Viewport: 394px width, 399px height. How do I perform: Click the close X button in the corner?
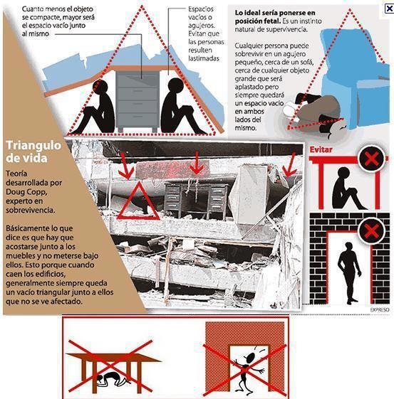(x=390, y=9)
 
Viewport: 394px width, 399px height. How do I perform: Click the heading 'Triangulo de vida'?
(x=33, y=151)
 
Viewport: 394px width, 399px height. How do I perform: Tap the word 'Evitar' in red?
(x=321, y=149)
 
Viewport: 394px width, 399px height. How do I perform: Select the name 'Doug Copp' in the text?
(x=26, y=192)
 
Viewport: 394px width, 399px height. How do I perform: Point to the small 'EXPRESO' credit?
(x=380, y=309)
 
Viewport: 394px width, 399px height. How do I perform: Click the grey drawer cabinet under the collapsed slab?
(x=138, y=101)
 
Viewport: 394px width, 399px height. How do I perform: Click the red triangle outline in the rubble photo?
(x=138, y=201)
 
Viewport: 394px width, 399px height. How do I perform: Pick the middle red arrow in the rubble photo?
(x=196, y=164)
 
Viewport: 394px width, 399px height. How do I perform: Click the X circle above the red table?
(x=371, y=159)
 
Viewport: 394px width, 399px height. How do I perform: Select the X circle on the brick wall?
(x=370, y=231)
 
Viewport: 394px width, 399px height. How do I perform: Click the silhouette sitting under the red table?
(x=348, y=188)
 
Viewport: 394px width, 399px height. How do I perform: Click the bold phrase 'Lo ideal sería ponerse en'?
(x=275, y=13)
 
